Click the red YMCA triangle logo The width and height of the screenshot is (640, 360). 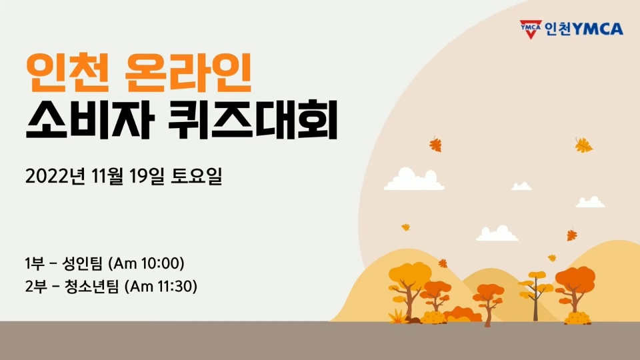[531, 29]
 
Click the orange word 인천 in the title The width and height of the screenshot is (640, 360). [68, 73]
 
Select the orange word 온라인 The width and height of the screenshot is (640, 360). [188, 73]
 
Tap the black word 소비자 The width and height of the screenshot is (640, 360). [90, 120]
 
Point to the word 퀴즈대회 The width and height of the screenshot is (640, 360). [253, 120]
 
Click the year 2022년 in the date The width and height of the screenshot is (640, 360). [55, 176]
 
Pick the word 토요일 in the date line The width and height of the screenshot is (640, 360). [196, 176]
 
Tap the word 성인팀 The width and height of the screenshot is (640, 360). [82, 263]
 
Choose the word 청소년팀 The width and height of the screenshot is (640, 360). [91, 286]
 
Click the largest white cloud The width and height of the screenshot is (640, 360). [414, 179]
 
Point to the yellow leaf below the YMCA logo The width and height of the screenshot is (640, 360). [584, 145]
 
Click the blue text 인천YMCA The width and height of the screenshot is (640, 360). [584, 29]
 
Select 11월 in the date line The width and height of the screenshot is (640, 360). [107, 176]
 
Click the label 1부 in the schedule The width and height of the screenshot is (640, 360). [35, 263]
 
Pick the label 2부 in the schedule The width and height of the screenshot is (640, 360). [36, 286]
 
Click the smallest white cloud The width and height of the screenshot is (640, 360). [521, 186]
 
